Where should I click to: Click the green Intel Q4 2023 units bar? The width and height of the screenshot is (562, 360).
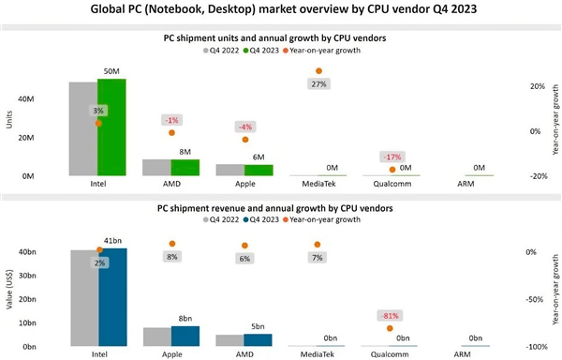[111, 127]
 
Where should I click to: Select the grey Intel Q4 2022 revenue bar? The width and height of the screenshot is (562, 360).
[83, 299]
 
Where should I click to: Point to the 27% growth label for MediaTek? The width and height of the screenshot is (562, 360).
[319, 84]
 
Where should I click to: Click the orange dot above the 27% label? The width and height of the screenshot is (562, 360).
[319, 70]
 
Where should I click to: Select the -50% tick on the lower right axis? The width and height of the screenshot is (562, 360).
[531, 300]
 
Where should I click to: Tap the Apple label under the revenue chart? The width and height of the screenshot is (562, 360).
[171, 354]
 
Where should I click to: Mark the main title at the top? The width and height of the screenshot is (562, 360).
[280, 12]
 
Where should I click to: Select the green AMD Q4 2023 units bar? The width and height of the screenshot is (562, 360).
[185, 168]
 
